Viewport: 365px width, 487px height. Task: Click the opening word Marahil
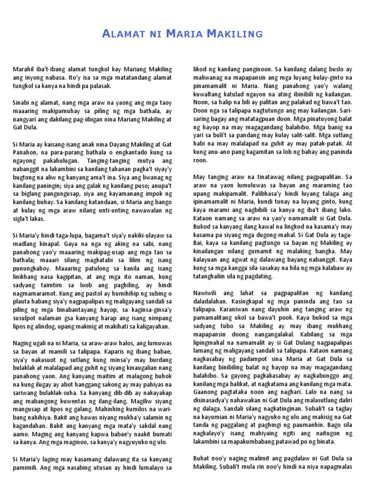24,70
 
